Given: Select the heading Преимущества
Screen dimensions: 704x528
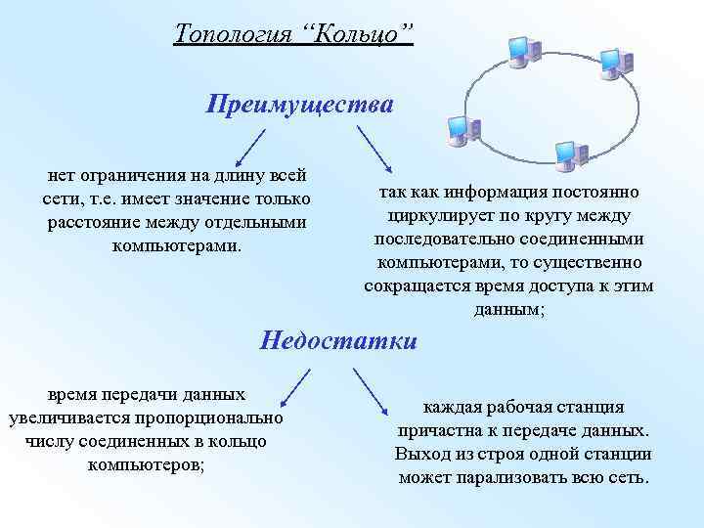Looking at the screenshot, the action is click(300, 104).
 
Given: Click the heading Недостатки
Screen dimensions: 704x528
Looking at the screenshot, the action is click(338, 340).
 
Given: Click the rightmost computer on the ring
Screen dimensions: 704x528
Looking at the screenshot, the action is click(613, 61).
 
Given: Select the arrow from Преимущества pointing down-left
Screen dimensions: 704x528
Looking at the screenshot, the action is click(251, 143).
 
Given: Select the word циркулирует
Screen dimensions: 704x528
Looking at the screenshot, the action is click(444, 215).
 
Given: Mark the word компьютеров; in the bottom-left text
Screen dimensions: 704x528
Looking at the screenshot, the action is click(146, 464).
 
